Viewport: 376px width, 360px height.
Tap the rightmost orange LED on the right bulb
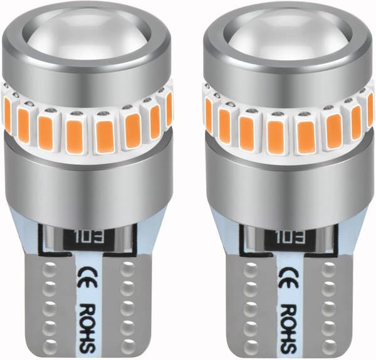click(370, 108)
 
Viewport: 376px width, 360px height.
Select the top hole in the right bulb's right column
click(328, 268)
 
